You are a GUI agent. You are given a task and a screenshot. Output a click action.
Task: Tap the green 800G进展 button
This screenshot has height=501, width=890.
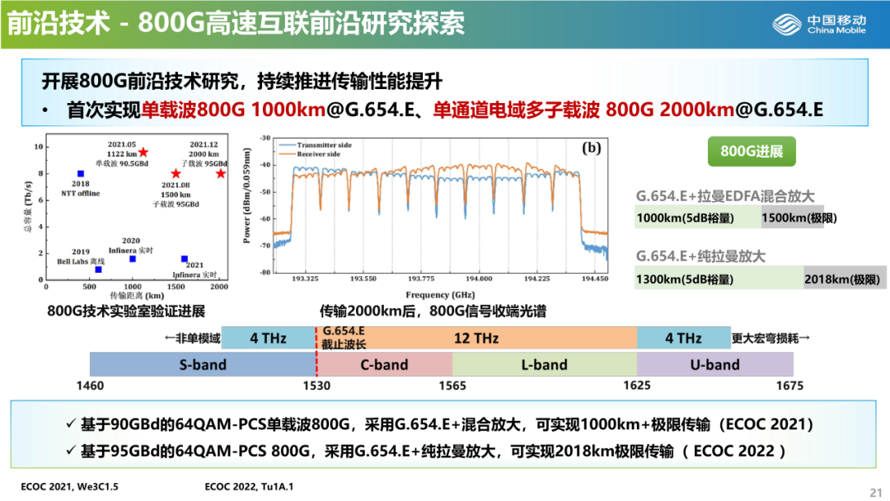click(x=751, y=152)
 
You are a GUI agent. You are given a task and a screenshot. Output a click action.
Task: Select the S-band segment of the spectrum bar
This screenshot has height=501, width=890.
click(x=203, y=364)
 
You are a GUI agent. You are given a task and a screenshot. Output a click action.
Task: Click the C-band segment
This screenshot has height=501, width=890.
click(x=384, y=364)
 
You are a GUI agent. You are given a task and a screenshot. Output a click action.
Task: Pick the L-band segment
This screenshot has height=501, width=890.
click(x=544, y=364)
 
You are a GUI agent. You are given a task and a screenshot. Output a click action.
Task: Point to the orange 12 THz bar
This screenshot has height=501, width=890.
click(x=476, y=338)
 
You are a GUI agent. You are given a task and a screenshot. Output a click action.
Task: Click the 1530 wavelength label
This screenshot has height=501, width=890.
click(x=316, y=386)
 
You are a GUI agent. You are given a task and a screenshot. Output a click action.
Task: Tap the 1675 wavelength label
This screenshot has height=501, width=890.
click(x=789, y=386)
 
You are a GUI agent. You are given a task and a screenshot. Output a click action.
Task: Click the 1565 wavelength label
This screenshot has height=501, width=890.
click(x=452, y=386)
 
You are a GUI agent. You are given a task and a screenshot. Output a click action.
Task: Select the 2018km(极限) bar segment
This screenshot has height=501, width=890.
click(x=844, y=279)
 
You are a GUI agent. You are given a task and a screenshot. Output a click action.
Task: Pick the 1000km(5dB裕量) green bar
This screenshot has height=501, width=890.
click(x=697, y=218)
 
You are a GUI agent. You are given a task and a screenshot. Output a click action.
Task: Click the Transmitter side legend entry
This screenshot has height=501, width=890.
click(x=322, y=145)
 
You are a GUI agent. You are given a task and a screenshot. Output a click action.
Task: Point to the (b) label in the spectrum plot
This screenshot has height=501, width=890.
click(x=592, y=149)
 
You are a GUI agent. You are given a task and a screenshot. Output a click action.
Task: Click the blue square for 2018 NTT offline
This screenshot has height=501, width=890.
click(x=80, y=173)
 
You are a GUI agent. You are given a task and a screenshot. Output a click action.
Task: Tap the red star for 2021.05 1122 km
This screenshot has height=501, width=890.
click(x=143, y=152)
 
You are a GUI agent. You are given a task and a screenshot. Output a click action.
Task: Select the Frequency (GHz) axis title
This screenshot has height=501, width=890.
click(x=439, y=294)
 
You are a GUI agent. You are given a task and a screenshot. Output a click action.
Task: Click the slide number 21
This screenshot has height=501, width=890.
click(x=875, y=492)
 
